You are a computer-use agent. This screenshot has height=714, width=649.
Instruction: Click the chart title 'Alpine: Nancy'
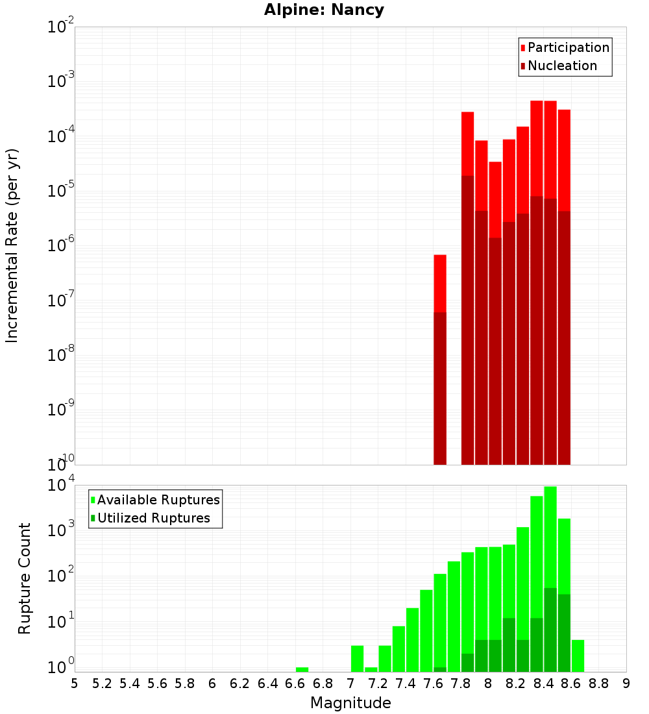coord(324,10)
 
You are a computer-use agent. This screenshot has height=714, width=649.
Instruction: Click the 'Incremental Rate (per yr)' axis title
coord(12,245)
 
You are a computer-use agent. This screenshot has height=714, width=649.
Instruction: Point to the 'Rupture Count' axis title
coord(25,578)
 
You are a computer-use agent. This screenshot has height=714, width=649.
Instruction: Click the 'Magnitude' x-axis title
coord(350,703)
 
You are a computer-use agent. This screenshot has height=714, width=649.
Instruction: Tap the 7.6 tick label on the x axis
coord(434,683)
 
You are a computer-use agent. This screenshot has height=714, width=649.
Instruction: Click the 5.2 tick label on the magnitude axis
coord(103,683)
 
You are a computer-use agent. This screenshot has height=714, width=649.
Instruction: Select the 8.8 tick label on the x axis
coord(599,683)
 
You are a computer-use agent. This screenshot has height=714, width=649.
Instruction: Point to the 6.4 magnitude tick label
coord(268,683)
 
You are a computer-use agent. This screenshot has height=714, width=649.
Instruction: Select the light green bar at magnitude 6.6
coord(302,669)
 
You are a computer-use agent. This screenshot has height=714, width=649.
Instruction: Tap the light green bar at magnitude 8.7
coord(578,656)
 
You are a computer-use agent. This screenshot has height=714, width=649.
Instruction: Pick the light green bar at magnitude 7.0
coord(357,658)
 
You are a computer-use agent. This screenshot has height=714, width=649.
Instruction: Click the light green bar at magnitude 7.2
coord(385,658)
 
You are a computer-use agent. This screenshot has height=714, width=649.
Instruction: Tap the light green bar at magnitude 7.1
coord(371,669)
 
